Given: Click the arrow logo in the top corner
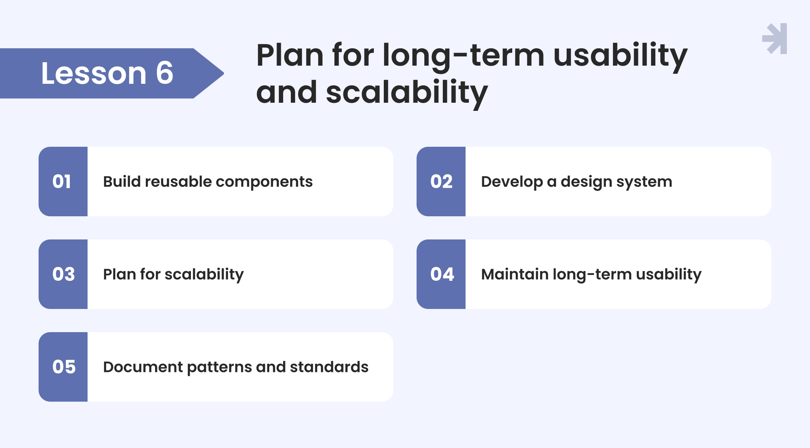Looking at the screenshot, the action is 775,39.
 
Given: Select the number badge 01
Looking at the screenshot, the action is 63,182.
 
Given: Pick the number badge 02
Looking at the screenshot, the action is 441,182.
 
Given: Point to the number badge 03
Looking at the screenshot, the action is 63,274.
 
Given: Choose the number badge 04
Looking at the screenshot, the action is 441,274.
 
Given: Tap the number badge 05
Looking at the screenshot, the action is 63,367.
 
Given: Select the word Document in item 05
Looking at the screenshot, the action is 143,367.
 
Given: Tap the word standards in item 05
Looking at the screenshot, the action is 329,367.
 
